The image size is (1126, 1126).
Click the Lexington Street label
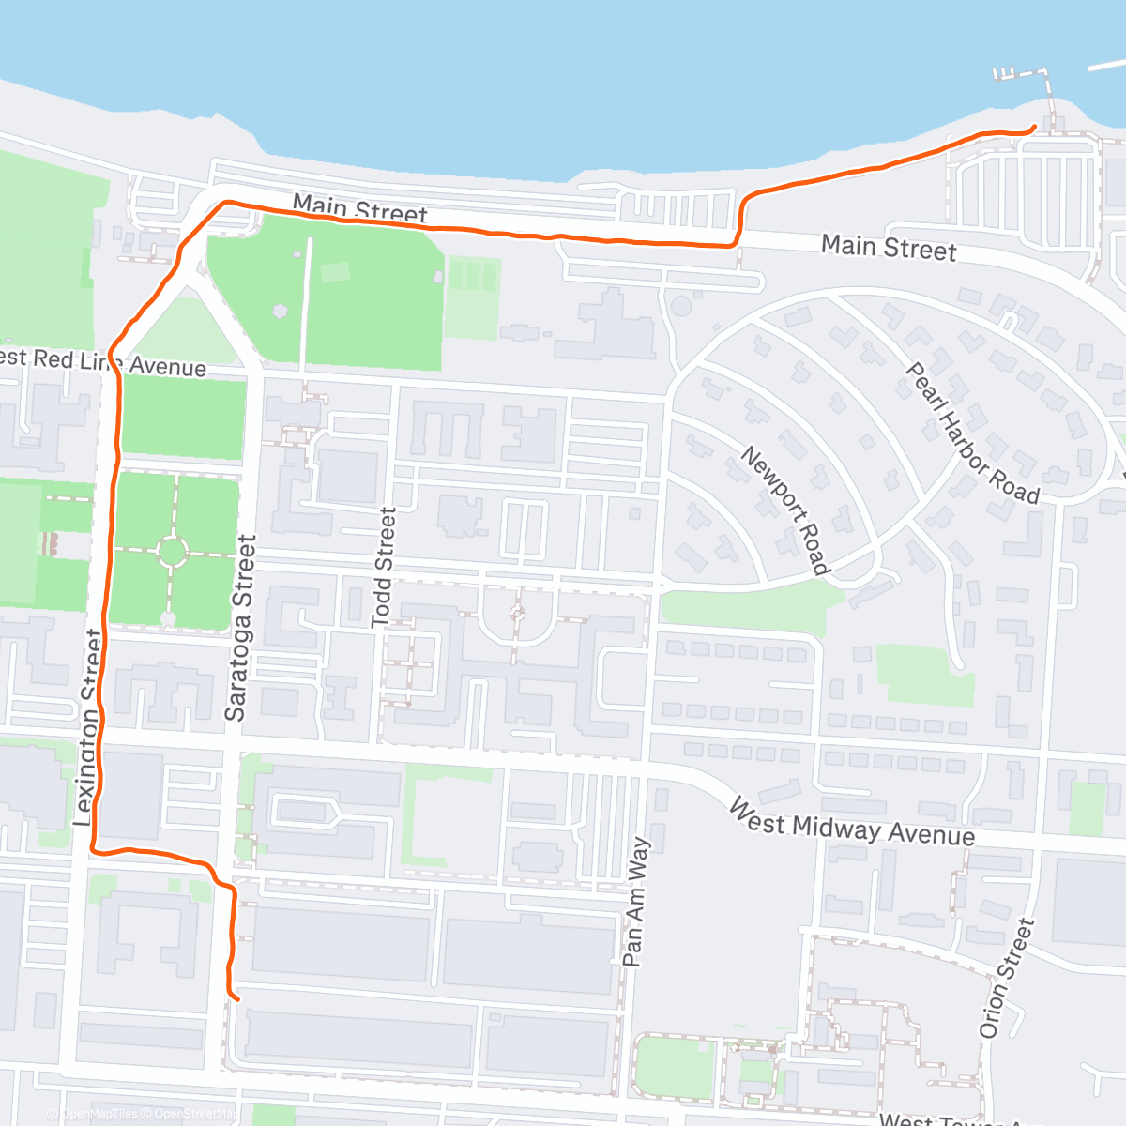tap(87, 728)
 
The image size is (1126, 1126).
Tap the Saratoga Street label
tap(240, 628)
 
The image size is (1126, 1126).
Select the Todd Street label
tap(383, 568)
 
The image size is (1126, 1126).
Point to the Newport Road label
tap(786, 510)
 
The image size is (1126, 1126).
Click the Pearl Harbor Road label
tap(972, 433)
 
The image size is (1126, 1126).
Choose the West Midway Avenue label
tap(852, 824)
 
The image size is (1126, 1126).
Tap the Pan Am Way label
tap(636, 902)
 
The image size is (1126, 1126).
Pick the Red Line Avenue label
tap(103, 361)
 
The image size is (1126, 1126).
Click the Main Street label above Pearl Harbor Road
tap(889, 248)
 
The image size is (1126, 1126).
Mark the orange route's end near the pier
tap(1033, 127)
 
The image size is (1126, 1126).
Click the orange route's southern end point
tap(236, 998)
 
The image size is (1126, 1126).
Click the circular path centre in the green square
tap(172, 552)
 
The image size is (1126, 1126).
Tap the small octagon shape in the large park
tap(280, 309)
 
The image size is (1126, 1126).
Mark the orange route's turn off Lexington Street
tap(95, 850)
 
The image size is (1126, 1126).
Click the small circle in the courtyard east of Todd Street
tap(517, 615)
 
